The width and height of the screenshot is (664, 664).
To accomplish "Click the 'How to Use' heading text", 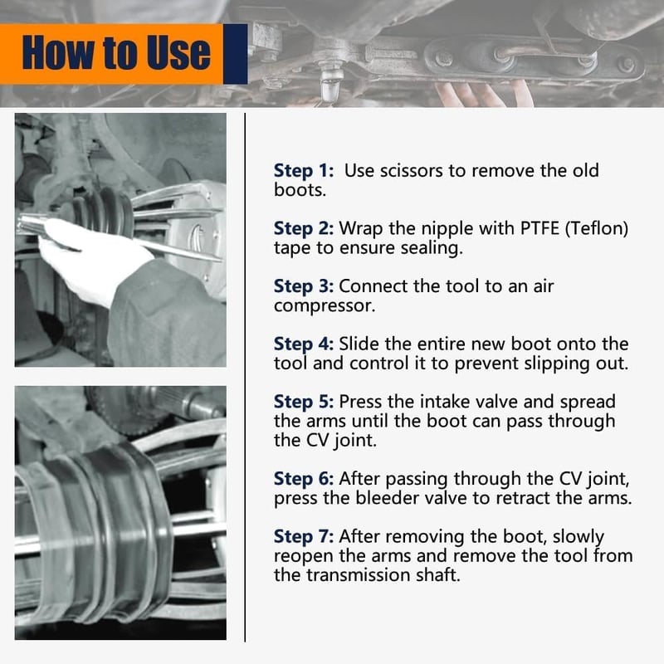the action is click(116, 52).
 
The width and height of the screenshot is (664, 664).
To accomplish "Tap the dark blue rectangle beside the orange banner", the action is click(236, 54).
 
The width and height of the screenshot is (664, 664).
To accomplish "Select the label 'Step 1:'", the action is click(304, 171).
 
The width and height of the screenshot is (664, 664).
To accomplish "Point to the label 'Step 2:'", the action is click(304, 229).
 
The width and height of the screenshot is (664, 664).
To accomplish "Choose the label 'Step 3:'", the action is click(304, 286).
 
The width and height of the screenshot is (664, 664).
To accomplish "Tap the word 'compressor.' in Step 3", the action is click(325, 306).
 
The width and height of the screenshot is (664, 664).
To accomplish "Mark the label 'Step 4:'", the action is click(304, 344).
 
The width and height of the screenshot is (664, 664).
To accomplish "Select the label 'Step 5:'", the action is click(304, 402).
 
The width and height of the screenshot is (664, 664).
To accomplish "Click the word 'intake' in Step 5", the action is click(423, 402).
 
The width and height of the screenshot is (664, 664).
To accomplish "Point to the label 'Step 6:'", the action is click(304, 479).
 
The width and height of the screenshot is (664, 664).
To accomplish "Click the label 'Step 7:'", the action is click(304, 536).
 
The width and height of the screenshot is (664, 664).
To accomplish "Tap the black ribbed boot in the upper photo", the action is click(100, 212).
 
